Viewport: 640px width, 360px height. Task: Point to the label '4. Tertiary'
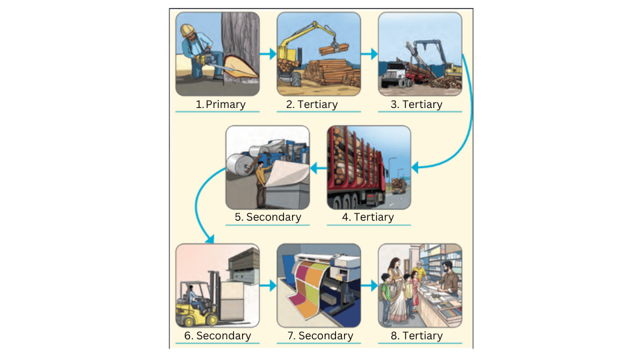[x=368, y=217]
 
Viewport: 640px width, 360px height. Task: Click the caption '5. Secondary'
[x=267, y=217]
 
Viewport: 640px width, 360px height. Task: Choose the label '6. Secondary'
[x=217, y=335]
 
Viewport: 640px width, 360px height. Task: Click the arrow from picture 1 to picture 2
[x=268, y=54]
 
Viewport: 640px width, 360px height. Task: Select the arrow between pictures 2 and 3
[x=369, y=51]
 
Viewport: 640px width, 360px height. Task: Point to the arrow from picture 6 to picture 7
[x=268, y=286]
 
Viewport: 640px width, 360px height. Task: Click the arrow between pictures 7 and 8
[x=369, y=286]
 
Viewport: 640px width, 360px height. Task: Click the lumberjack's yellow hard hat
[x=189, y=29]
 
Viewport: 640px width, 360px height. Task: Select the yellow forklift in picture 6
[x=194, y=303]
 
